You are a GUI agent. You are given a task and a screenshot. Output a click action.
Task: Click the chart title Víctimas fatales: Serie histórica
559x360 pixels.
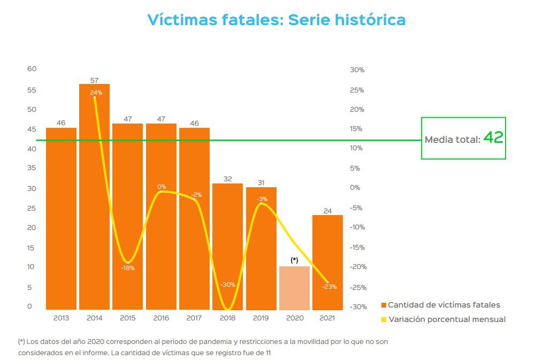pyautogui.click(x=276, y=20)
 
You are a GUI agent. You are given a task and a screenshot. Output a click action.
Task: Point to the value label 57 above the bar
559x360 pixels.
pyautogui.click(x=94, y=80)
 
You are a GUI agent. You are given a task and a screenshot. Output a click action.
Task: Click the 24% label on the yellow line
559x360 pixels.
pyautogui.click(x=96, y=93)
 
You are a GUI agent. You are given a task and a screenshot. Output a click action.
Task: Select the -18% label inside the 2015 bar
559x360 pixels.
pyautogui.click(x=128, y=268)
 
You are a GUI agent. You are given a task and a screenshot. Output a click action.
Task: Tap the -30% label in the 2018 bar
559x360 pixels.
pyautogui.click(x=228, y=285)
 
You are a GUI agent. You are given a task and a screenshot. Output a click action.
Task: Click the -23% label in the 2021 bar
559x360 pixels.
pyautogui.click(x=329, y=287)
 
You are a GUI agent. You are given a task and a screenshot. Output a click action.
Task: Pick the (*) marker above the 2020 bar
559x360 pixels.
pyautogui.click(x=294, y=260)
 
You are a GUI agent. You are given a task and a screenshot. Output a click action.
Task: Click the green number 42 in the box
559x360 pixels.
pyautogui.click(x=493, y=138)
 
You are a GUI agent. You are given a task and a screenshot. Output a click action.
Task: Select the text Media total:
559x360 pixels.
pyautogui.click(x=453, y=140)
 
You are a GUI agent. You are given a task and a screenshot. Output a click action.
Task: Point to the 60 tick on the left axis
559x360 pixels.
pyautogui.click(x=32, y=69)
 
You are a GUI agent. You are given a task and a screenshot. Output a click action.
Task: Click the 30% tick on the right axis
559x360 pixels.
pyautogui.click(x=357, y=70)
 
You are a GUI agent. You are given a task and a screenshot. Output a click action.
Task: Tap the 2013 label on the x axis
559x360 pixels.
pyautogui.click(x=61, y=318)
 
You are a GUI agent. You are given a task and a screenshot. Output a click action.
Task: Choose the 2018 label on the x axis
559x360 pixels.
pyautogui.click(x=227, y=318)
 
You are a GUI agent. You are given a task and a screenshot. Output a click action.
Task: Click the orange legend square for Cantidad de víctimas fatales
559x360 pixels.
pyautogui.click(x=384, y=305)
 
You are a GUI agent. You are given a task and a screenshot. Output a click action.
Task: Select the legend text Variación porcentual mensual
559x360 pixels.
pyautogui.click(x=447, y=319)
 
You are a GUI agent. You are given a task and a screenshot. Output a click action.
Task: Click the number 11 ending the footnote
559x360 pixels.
pyautogui.click(x=269, y=354)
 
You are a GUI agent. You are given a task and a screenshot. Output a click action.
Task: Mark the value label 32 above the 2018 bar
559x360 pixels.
pyautogui.click(x=227, y=179)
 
